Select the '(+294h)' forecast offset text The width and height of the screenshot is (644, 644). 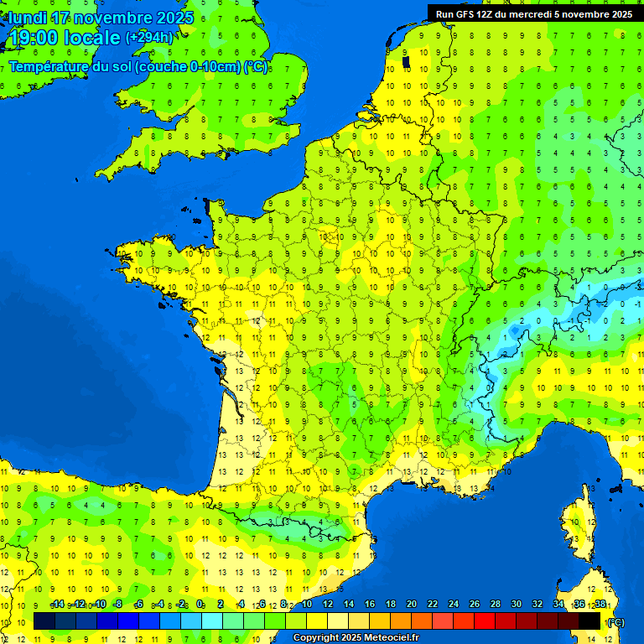point(149,38)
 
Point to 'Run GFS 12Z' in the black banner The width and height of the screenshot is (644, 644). point(466,14)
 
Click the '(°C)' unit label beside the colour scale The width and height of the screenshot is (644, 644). point(615,622)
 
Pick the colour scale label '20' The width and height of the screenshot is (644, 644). point(411,605)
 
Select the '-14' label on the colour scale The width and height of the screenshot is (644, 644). point(57,605)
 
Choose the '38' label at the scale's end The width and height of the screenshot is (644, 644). point(600,605)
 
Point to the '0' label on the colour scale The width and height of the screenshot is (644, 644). point(200,605)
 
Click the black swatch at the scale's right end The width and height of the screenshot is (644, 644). point(589,621)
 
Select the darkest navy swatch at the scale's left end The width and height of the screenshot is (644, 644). point(44,621)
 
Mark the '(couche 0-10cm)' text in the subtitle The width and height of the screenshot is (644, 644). point(177,67)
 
